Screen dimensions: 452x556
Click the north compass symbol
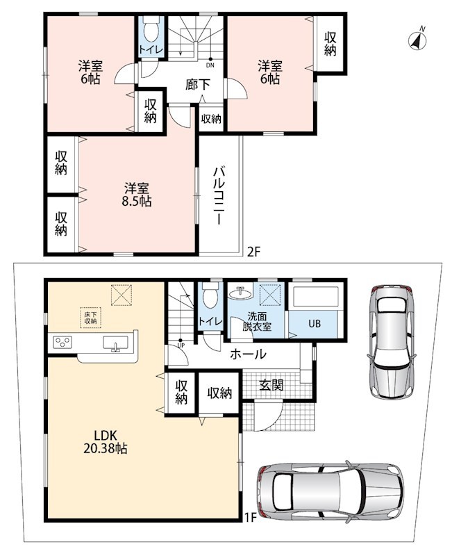[x=417, y=40]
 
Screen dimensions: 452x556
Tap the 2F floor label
[x=253, y=252]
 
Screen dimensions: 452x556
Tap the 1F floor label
[x=250, y=518]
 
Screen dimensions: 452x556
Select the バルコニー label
[x=218, y=195]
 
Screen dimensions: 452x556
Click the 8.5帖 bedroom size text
[x=137, y=202]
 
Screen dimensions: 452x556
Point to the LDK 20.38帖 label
[x=106, y=442]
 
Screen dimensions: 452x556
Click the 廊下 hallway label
[x=198, y=84]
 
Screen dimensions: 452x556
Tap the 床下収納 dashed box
[x=91, y=318]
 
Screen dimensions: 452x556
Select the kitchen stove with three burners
[x=62, y=342]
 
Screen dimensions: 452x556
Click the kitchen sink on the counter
[x=115, y=343]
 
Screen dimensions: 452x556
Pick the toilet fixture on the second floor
[x=151, y=31]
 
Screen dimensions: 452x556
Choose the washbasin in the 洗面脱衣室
[x=240, y=293]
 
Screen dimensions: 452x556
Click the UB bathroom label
[x=315, y=323]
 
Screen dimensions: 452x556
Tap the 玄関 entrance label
[x=271, y=385]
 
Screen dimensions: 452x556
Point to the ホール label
[x=248, y=354]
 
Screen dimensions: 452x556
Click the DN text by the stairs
[x=210, y=65]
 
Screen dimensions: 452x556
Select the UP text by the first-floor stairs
[x=181, y=345]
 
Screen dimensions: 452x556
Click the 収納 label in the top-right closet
[x=330, y=44]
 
